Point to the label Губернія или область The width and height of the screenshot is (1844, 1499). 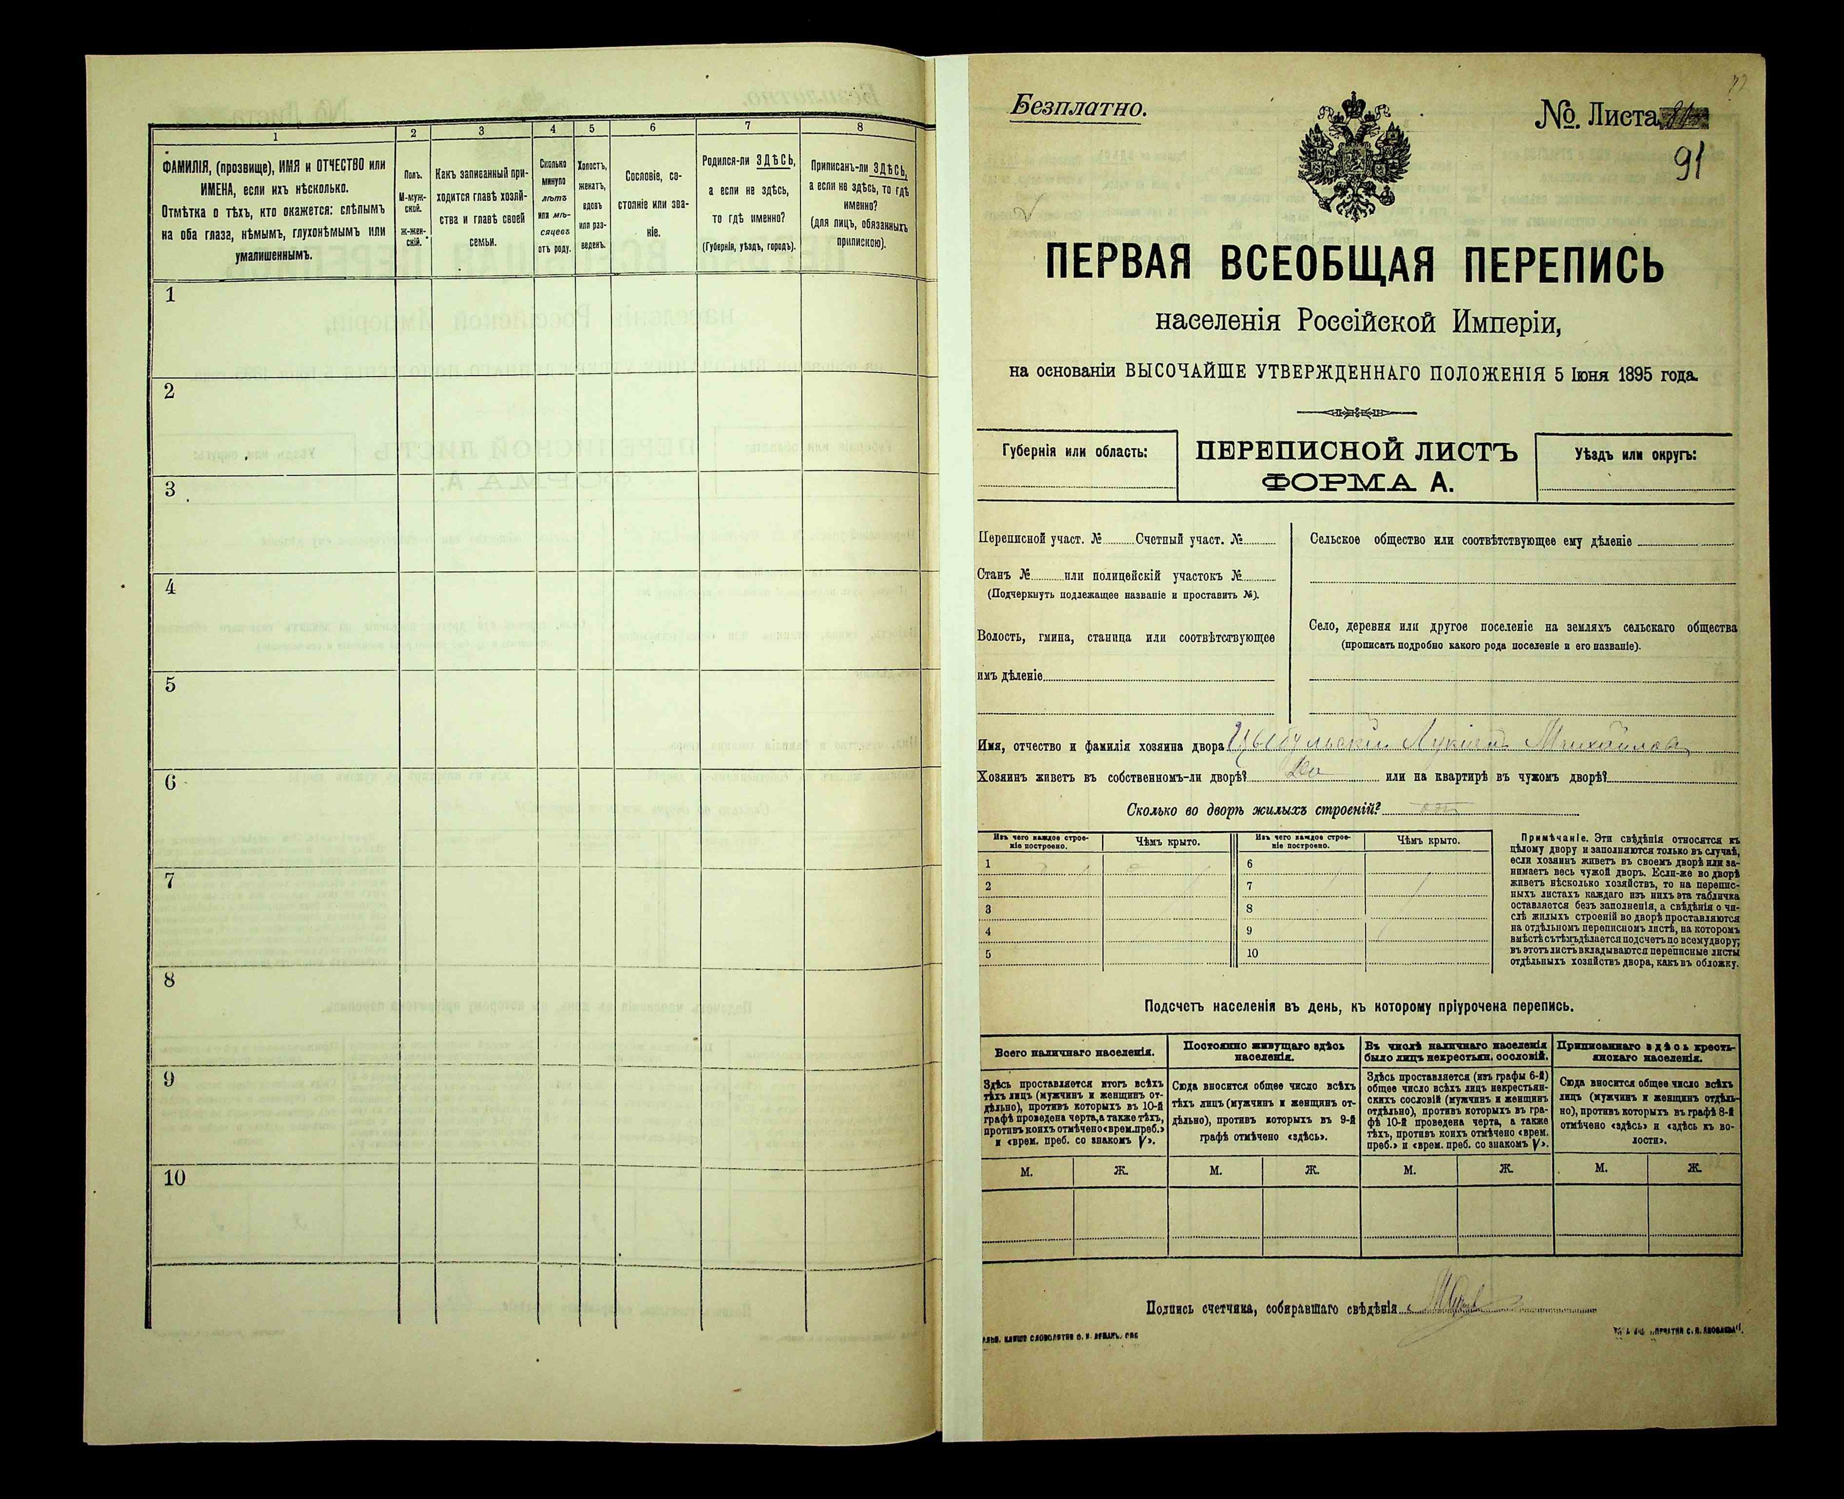coord(1075,452)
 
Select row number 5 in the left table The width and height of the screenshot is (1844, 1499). coord(170,685)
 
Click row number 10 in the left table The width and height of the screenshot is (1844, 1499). coord(174,1179)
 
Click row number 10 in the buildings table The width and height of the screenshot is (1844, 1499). coord(1253,953)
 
